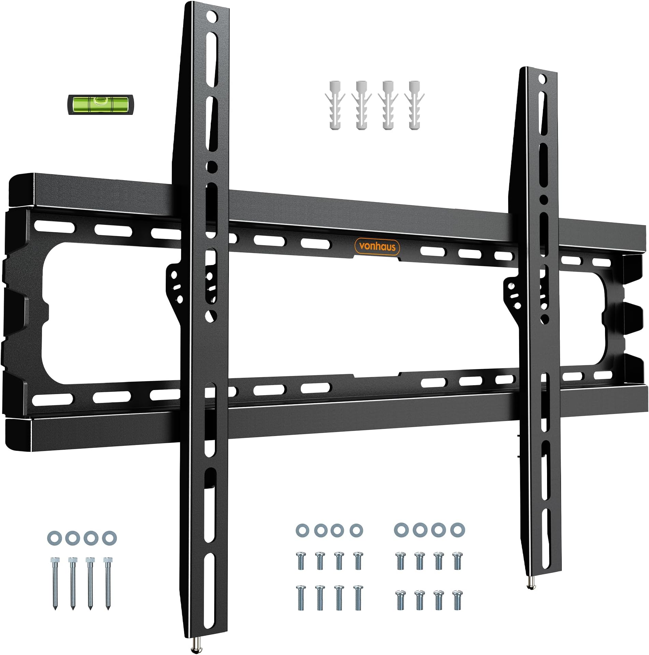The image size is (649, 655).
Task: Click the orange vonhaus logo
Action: (x=377, y=246)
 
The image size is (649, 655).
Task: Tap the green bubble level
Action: (x=101, y=104)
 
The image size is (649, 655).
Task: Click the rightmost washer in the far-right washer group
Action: (x=457, y=530)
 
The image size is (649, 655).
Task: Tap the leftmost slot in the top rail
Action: (x=44, y=226)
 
